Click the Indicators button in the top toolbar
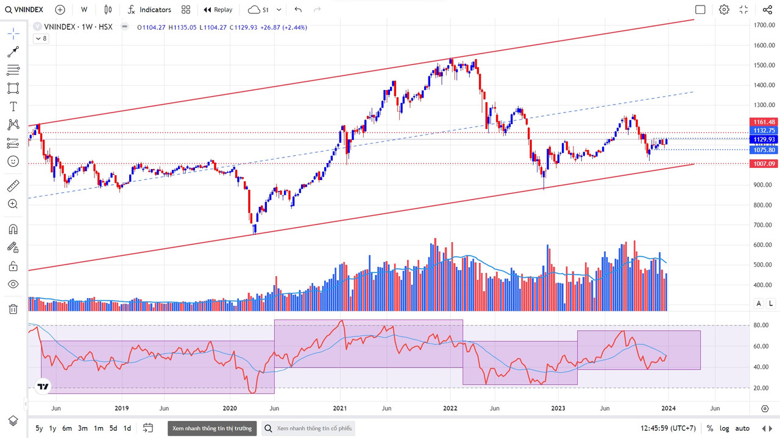point(149,10)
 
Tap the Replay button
point(218,10)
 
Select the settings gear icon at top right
point(724,10)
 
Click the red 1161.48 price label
point(764,122)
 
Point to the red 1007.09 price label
point(764,164)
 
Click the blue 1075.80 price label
point(764,150)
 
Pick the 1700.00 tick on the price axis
point(764,26)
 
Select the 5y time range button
point(39,428)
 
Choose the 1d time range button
point(127,428)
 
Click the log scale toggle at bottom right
point(725,428)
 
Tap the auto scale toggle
point(742,428)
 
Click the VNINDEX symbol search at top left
point(25,10)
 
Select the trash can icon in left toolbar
point(13,309)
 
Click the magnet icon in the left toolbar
point(13,229)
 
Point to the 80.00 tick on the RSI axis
point(761,325)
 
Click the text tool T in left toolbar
point(13,106)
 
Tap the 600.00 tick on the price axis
point(764,245)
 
